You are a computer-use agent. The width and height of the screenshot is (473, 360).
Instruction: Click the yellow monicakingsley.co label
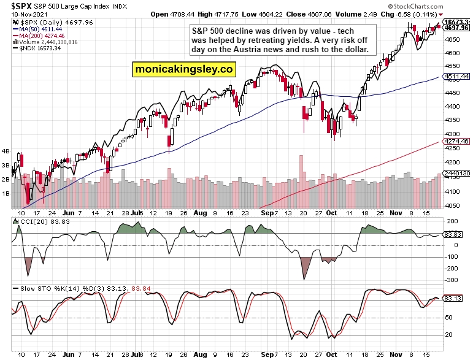(183, 70)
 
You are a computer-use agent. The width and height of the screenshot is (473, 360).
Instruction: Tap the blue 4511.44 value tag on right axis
(456, 77)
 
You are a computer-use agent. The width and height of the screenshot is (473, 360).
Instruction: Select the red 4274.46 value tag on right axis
(456, 142)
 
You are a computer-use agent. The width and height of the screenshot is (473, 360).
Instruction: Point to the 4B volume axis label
(6, 151)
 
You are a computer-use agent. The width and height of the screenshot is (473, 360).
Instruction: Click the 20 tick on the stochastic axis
(450, 334)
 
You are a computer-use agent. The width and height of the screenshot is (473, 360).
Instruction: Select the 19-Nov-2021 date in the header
(21, 13)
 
